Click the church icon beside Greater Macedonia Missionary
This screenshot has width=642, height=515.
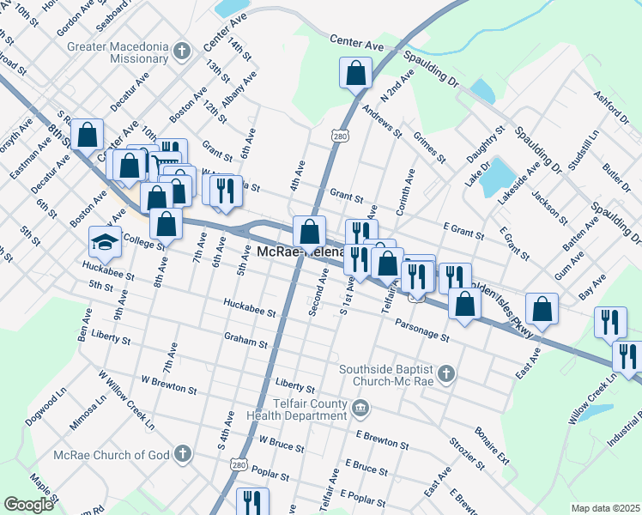tap(181, 51)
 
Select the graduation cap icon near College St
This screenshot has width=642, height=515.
tap(105, 243)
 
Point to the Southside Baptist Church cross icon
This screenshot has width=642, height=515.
tap(445, 373)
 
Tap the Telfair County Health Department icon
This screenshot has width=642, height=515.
tap(360, 406)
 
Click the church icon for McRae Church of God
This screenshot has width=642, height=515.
tap(181, 453)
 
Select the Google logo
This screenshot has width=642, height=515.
tap(28, 504)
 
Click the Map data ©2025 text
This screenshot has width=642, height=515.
tap(605, 508)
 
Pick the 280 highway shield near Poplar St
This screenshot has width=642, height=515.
tap(239, 464)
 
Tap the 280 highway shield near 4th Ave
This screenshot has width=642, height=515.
tap(340, 136)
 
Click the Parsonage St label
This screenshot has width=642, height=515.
tap(422, 330)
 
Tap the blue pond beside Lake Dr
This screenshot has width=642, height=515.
tap(496, 176)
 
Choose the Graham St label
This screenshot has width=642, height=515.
tap(246, 340)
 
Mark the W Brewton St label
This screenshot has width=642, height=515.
tap(168, 384)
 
